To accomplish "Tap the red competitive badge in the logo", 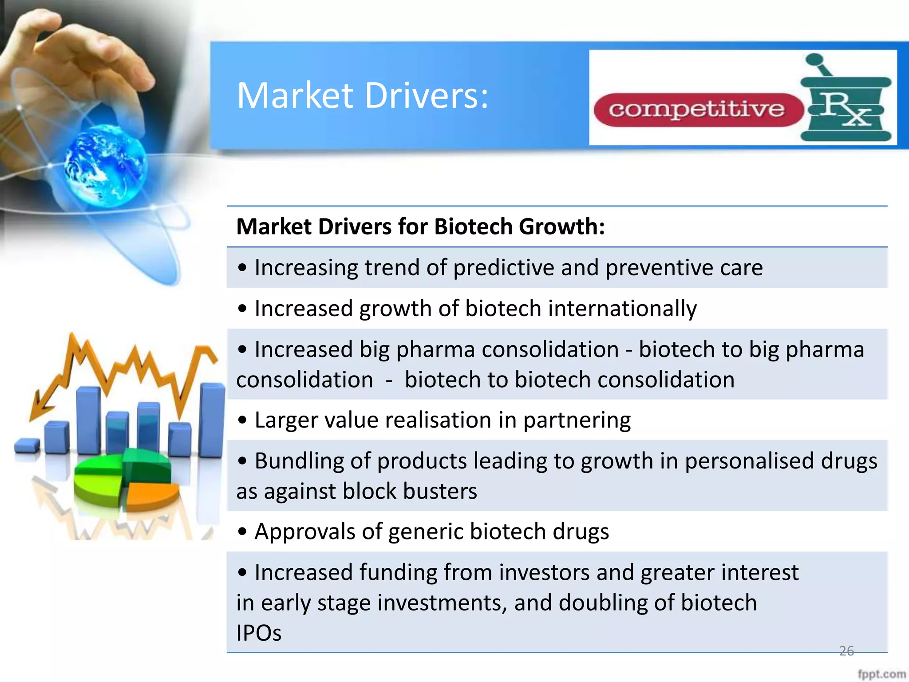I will click(x=697, y=110).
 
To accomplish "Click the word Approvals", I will click(x=304, y=531).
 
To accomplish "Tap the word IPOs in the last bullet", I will click(x=259, y=633).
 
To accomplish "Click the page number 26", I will click(x=846, y=651).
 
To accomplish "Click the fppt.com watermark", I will click(x=881, y=674).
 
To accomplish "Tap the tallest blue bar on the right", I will click(x=212, y=420).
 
